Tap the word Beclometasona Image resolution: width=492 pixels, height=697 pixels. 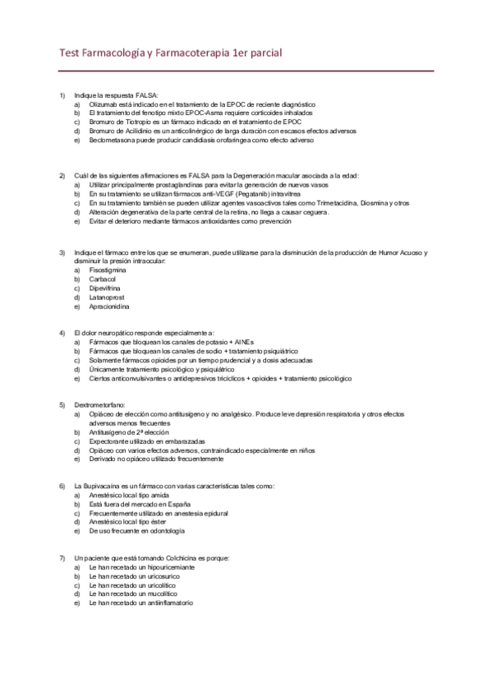click(x=110, y=141)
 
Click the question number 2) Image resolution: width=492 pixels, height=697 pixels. click(x=62, y=176)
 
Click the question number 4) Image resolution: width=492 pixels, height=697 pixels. click(x=62, y=333)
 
